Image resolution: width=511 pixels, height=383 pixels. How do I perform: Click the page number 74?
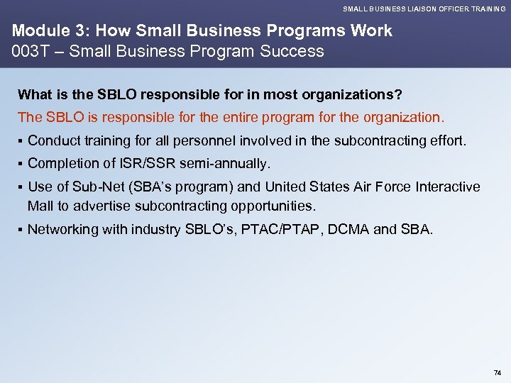click(x=497, y=372)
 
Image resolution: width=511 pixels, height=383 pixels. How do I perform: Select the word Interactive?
click(x=444, y=187)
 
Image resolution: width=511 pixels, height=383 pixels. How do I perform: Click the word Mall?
click(x=40, y=206)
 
